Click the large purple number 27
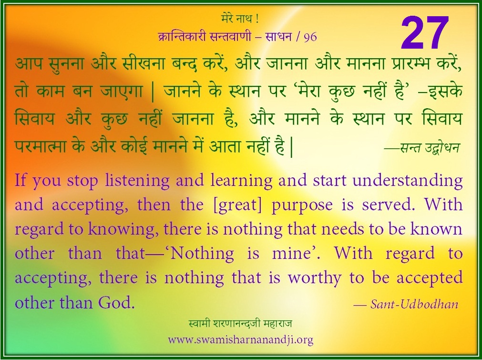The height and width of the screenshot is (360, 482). click(x=424, y=33)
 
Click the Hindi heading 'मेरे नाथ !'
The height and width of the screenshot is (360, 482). click(x=240, y=20)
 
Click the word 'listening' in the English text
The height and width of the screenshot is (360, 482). click(x=137, y=181)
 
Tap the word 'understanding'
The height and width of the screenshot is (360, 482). click(x=408, y=181)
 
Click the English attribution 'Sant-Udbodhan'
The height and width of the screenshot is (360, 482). click(x=414, y=304)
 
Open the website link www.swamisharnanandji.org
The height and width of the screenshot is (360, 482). click(x=241, y=340)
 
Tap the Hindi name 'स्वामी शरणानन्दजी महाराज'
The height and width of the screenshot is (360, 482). click(x=241, y=324)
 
